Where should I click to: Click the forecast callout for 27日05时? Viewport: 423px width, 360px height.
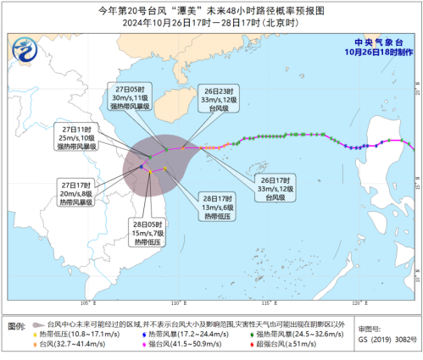point(136,97)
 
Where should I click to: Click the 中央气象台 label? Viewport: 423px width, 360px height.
point(380,40)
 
